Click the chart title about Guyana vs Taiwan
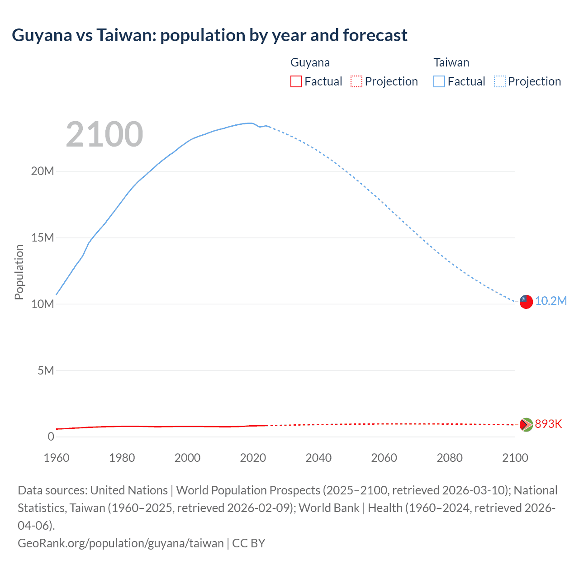click(x=209, y=35)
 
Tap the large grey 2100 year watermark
click(x=104, y=134)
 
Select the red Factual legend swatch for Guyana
click(x=296, y=81)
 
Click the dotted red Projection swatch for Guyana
click(x=356, y=81)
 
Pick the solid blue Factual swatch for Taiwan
click(x=439, y=81)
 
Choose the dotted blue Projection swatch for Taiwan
click(x=500, y=81)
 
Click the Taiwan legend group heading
click(x=451, y=62)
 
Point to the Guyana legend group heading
click(x=310, y=62)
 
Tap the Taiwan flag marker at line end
click(x=526, y=302)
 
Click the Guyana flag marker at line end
click(x=526, y=424)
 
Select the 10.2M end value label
click(x=551, y=301)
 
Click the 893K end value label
click(x=548, y=424)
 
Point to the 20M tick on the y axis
click(x=43, y=171)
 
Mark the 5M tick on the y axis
click(x=45, y=371)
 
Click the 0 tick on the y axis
click(x=51, y=437)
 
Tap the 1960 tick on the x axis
click(x=57, y=458)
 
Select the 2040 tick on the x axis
click(x=318, y=458)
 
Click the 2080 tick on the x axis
click(x=450, y=458)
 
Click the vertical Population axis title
click(x=19, y=272)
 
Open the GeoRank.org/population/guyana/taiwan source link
click(x=120, y=543)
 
